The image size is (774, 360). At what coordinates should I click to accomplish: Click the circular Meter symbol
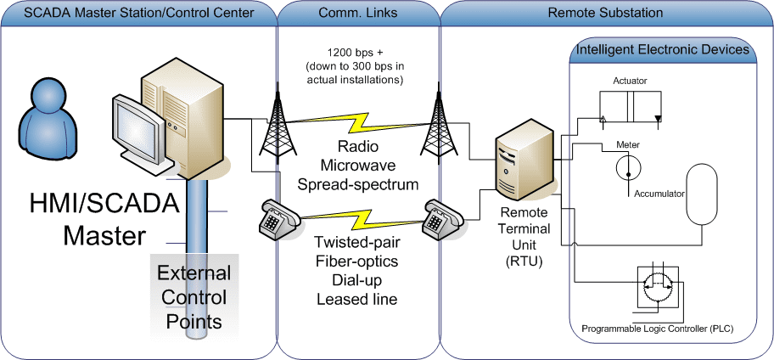click(x=628, y=167)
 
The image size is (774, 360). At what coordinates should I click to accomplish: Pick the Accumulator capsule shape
click(x=701, y=194)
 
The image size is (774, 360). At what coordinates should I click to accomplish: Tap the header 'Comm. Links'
click(x=357, y=14)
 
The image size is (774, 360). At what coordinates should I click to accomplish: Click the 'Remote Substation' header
click(x=606, y=14)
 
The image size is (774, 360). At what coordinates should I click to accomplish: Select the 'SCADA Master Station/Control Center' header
click(x=138, y=14)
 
